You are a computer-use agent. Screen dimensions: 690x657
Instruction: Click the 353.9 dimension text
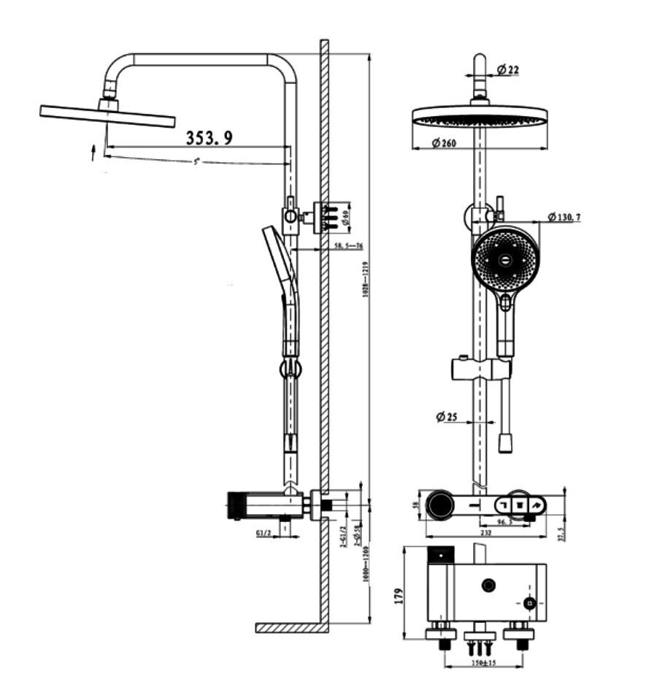[x=210, y=137]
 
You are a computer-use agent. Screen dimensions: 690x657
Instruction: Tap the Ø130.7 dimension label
[x=564, y=217]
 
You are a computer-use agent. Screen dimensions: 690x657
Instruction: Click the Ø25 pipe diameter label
[x=446, y=417]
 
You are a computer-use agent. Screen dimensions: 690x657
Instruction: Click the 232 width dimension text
[x=485, y=533]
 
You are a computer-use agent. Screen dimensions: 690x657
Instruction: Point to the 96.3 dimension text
[x=505, y=522]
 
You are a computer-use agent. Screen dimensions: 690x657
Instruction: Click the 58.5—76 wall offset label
[x=349, y=246]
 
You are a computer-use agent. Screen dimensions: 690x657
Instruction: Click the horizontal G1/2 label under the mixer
[x=264, y=534]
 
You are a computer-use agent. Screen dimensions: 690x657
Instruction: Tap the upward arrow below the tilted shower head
[x=93, y=152]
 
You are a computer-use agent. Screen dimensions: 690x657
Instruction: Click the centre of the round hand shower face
[x=504, y=258]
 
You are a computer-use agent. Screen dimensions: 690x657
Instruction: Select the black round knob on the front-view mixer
[x=440, y=505]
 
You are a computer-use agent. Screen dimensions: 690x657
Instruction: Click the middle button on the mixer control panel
[x=520, y=503]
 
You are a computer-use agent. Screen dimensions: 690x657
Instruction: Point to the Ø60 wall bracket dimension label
[x=346, y=215]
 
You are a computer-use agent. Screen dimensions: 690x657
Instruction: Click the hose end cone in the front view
[x=504, y=442]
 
